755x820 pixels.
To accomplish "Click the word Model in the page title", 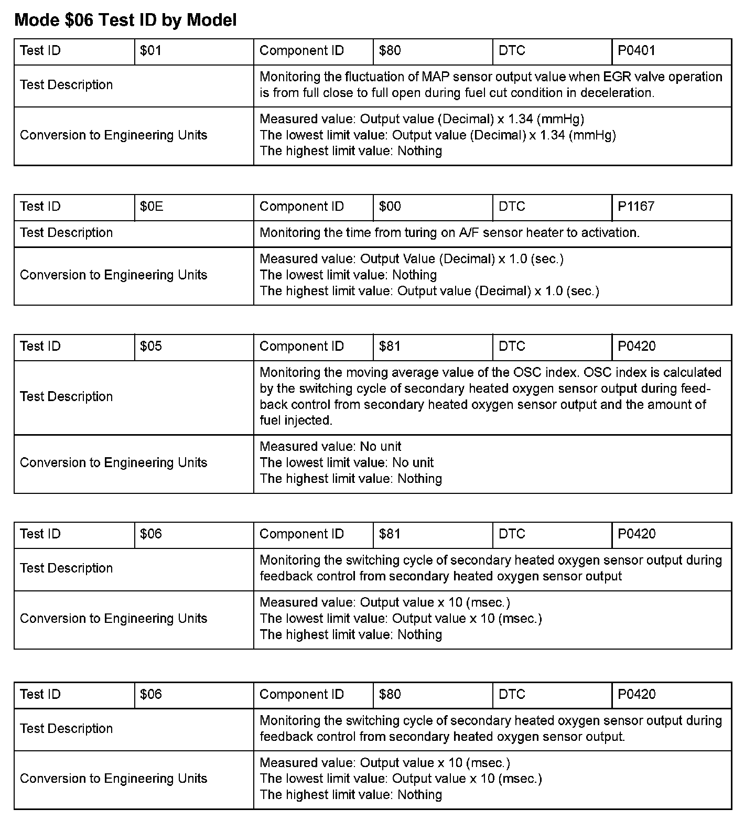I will click(212, 20).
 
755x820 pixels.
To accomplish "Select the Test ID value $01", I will click(150, 51).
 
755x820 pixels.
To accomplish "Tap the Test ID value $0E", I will click(152, 207).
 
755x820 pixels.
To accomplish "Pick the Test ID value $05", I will click(151, 347).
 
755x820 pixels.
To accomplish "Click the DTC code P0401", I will click(637, 51).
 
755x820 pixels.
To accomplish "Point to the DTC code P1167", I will click(636, 207).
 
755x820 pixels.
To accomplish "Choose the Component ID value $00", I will click(390, 207).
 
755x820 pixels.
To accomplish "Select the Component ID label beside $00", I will click(301, 207).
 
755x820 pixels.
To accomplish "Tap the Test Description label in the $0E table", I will click(66, 233).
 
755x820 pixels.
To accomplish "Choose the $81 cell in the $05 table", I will click(390, 347).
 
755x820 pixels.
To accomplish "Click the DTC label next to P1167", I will click(512, 207).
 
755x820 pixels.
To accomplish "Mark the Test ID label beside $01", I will click(40, 51).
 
